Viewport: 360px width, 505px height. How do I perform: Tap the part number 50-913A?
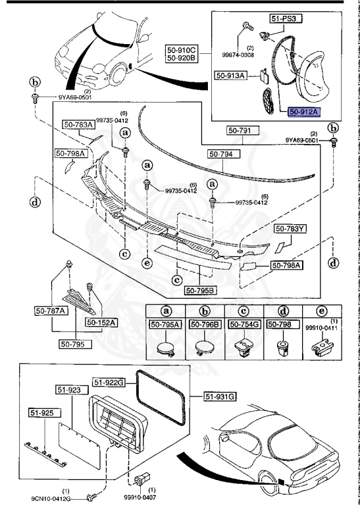pos(230,76)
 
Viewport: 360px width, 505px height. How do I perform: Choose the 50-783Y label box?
pos(290,229)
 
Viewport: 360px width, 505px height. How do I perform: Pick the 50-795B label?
pos(200,290)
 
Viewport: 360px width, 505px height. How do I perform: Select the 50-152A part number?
pos(100,323)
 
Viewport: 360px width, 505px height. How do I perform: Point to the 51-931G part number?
pos(220,397)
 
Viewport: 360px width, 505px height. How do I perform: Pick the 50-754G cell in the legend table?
pos(245,324)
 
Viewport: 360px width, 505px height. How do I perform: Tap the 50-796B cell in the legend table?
pos(205,324)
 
